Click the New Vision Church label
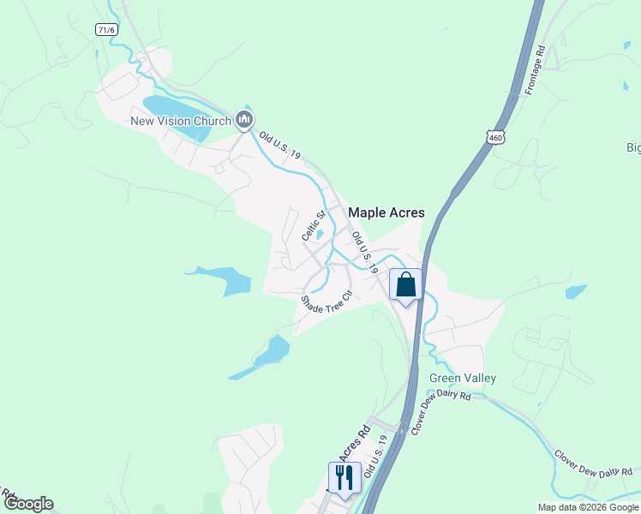coord(180,121)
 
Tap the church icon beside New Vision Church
coord(243,120)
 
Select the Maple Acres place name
coord(386,212)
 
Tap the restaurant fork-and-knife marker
coord(344,478)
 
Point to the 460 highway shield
coord(494,137)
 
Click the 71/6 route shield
coord(106,29)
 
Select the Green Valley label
coord(463,378)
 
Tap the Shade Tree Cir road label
coord(326,303)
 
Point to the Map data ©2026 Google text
coord(588,507)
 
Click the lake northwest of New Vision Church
coord(171,107)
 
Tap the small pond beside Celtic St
coord(318,236)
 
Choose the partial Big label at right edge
coord(633,148)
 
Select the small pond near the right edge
coord(576,291)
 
